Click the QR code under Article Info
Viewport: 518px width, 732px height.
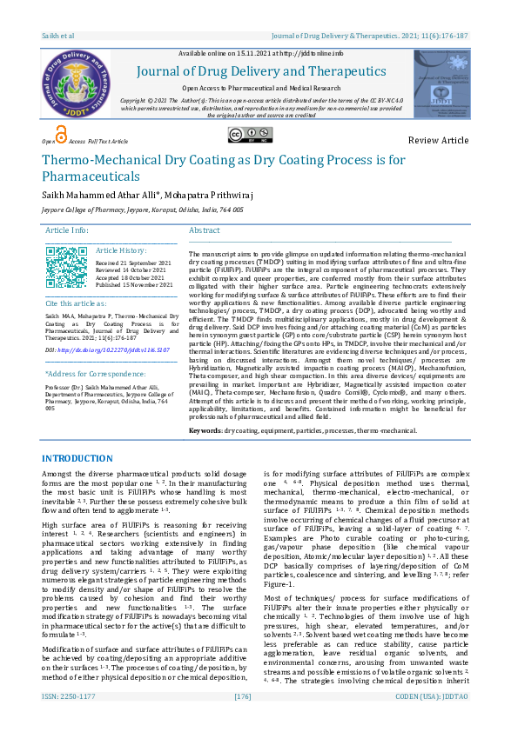tap(66, 267)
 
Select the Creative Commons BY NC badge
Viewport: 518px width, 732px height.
tap(246, 135)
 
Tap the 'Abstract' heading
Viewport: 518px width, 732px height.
tap(205, 230)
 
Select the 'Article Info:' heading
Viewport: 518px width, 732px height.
tap(67, 230)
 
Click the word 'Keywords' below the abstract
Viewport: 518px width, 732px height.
tap(205, 430)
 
